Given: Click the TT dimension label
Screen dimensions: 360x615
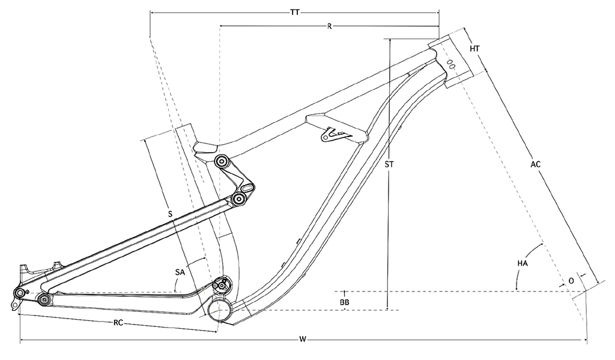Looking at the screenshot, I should [x=294, y=12].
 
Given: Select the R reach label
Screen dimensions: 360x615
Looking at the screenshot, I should [x=330, y=26].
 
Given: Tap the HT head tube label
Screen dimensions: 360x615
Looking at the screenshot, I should [x=475, y=48].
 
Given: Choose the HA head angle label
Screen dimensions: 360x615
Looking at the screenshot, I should [x=522, y=263].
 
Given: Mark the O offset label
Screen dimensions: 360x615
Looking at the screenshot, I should [x=571, y=281].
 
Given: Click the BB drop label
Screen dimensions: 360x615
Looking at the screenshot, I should [x=345, y=301].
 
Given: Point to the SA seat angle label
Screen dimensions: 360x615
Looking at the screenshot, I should [x=180, y=272].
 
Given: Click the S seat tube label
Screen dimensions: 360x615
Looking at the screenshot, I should [x=170, y=214].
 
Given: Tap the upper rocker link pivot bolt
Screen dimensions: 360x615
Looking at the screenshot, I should [x=222, y=162].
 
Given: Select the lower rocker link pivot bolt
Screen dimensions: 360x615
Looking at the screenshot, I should [x=240, y=198].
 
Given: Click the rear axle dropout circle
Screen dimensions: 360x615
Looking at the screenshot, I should [x=20, y=293].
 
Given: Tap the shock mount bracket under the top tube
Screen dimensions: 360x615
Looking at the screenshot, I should [x=332, y=133].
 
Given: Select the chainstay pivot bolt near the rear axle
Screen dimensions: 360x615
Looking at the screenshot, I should [x=43, y=299].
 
